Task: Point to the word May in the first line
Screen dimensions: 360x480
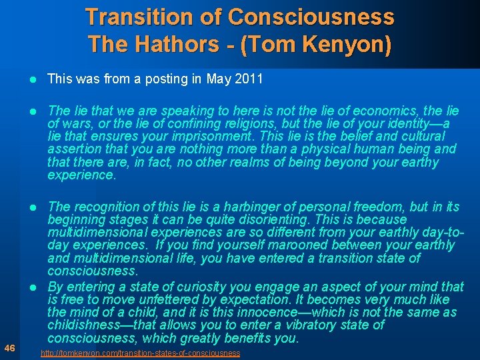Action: pos(219,79)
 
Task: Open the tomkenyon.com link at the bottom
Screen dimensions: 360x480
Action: pos(140,353)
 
